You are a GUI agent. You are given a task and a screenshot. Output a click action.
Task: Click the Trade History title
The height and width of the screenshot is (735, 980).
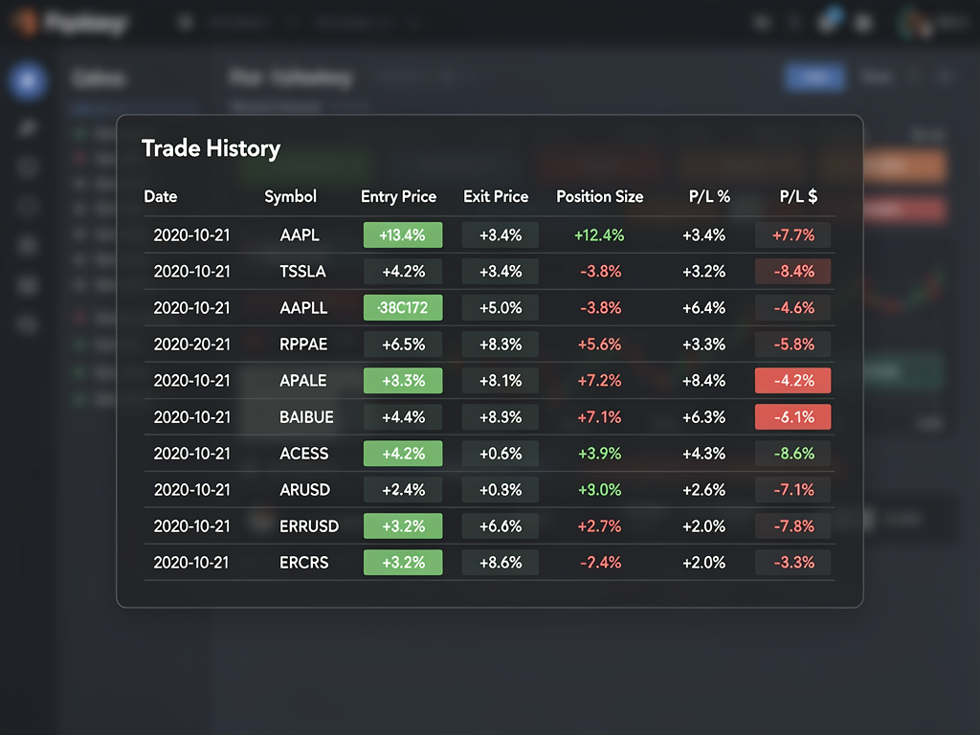coord(211,148)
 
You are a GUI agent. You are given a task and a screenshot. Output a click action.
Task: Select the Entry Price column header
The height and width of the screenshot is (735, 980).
coord(398,196)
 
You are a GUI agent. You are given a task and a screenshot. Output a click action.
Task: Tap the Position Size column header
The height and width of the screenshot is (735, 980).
coord(600,196)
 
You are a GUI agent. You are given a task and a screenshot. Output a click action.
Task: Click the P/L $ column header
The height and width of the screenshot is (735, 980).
coord(799,196)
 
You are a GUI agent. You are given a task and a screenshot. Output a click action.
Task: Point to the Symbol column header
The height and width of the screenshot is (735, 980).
coord(290,196)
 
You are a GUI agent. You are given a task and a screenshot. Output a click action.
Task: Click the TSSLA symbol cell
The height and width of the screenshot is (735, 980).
coord(303,271)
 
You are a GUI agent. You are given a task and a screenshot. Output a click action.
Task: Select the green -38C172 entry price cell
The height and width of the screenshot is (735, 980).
coord(403,307)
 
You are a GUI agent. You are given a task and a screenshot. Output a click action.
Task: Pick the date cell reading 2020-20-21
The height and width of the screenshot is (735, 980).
coord(192,344)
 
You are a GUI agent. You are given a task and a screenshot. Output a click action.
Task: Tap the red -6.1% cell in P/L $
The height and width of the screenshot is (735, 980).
coord(792,416)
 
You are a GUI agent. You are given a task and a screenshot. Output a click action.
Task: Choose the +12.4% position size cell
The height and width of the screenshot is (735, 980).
coord(600,234)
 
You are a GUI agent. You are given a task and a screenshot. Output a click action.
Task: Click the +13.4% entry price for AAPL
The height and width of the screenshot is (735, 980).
coord(403,234)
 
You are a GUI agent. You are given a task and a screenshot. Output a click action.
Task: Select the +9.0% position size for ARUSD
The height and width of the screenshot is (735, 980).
coord(600,489)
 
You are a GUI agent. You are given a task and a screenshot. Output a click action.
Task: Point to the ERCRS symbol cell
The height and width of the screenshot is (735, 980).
coord(303,562)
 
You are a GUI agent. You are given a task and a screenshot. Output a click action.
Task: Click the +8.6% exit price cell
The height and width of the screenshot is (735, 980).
coord(501,562)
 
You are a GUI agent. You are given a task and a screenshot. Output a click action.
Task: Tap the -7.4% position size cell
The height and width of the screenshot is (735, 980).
coord(600,562)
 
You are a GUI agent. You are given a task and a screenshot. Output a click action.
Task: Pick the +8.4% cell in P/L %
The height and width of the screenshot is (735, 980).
coord(703,380)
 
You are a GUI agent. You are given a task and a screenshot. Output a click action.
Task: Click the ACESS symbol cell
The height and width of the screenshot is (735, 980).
coord(303,453)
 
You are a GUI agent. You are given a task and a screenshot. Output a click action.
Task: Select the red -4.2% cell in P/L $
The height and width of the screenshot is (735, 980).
coord(792,380)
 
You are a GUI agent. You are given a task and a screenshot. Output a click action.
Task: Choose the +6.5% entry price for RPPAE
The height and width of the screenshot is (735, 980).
coord(403,344)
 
